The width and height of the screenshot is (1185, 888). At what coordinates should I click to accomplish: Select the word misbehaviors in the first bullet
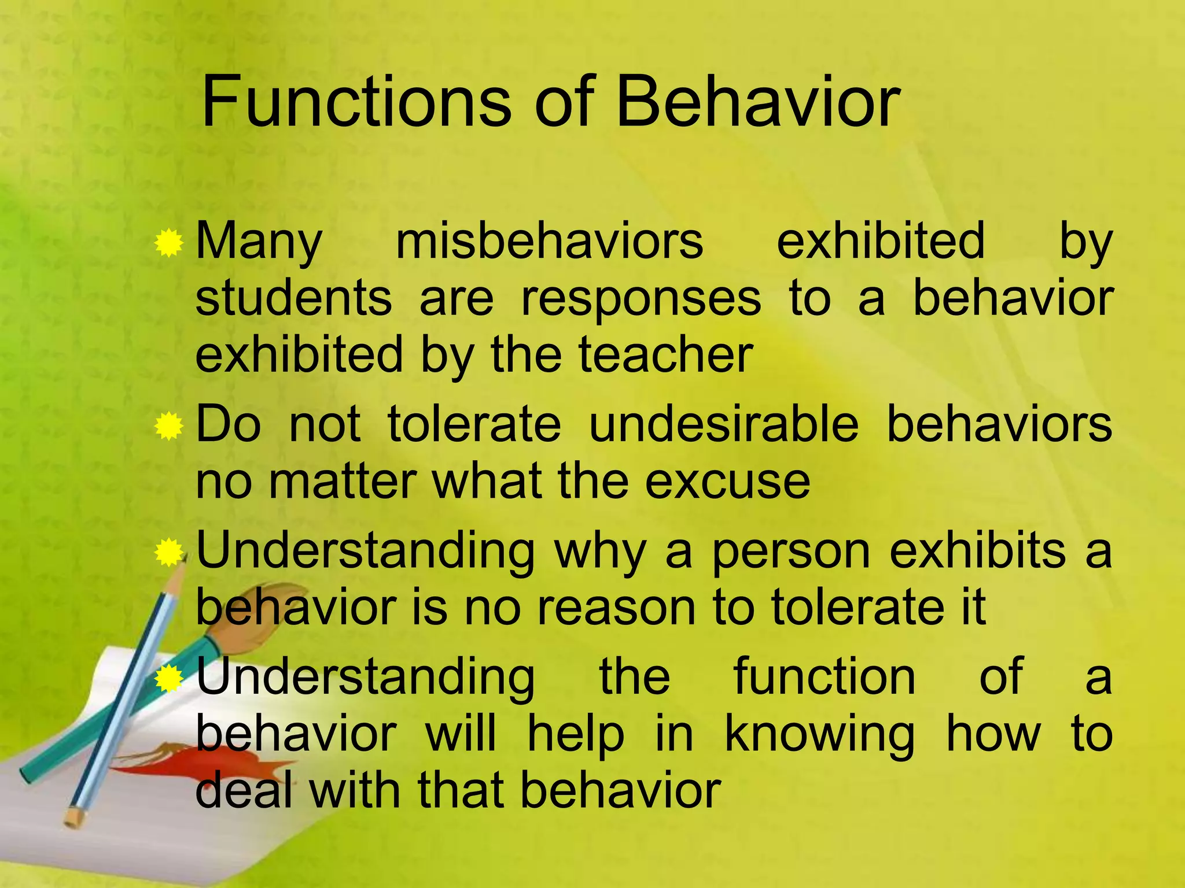click(549, 240)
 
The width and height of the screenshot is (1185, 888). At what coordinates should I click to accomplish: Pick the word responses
click(641, 299)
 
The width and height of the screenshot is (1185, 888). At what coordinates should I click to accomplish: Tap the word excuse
click(727, 481)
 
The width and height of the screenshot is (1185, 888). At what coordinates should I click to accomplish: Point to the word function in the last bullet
click(825, 676)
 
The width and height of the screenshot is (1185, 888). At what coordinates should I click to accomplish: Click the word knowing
click(819, 735)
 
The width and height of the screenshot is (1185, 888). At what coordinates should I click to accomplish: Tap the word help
click(576, 735)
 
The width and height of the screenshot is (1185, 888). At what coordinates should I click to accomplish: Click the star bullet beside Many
click(169, 243)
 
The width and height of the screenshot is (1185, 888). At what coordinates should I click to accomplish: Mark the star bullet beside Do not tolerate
click(169, 427)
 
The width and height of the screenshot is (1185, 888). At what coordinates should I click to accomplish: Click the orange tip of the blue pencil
click(73, 817)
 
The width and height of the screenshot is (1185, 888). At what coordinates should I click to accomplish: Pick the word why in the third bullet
click(599, 552)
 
